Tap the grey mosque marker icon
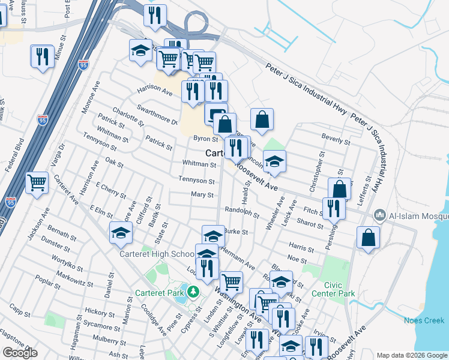click(379, 215)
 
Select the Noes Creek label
click(424, 320)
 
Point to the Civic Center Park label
click(334, 289)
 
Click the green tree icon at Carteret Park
click(193, 292)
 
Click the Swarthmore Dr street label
click(158, 114)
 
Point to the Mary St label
click(202, 195)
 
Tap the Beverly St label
click(336, 141)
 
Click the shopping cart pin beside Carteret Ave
click(37, 182)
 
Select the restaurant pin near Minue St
click(41, 57)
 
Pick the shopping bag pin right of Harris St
click(368, 237)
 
